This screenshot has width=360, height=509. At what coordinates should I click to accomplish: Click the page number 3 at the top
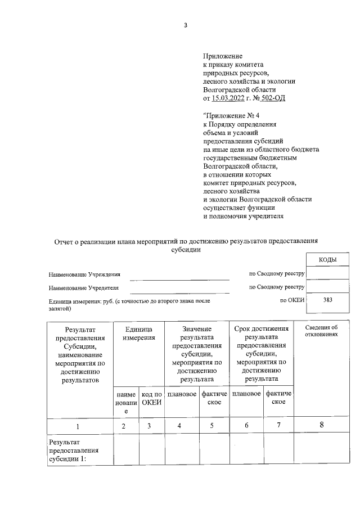[185, 24]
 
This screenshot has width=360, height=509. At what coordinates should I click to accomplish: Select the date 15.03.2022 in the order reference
[232, 98]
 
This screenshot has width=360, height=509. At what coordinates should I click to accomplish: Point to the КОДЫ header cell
[327, 259]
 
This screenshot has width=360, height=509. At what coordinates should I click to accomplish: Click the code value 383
[327, 300]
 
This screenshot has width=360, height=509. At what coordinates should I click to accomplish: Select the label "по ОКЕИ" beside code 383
[292, 300]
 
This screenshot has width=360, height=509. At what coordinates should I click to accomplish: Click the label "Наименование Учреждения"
[85, 275]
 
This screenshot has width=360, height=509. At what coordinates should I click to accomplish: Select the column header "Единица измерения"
[139, 333]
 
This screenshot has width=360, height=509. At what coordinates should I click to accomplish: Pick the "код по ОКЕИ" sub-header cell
[152, 398]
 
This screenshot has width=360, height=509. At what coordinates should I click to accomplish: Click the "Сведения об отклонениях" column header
[321, 331]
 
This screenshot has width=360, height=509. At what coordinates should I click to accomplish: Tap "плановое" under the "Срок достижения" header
[246, 394]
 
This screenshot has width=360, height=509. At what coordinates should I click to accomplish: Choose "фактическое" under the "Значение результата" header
[214, 398]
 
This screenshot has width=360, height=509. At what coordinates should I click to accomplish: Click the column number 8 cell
[321, 425]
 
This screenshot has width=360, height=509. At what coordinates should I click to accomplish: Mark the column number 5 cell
[211, 426]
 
